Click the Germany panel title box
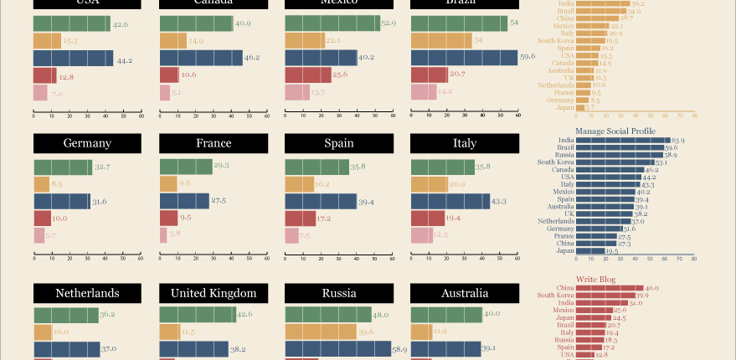tap(87, 143)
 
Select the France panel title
tap(214, 143)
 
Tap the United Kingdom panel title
tap(214, 293)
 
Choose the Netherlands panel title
tap(87, 293)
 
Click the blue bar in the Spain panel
tap(321, 201)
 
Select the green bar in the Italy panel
tap(442, 167)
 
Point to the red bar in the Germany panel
tap(43, 219)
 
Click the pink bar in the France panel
tap(163, 235)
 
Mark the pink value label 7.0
tap(58, 95)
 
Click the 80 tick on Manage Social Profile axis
tap(693, 260)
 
